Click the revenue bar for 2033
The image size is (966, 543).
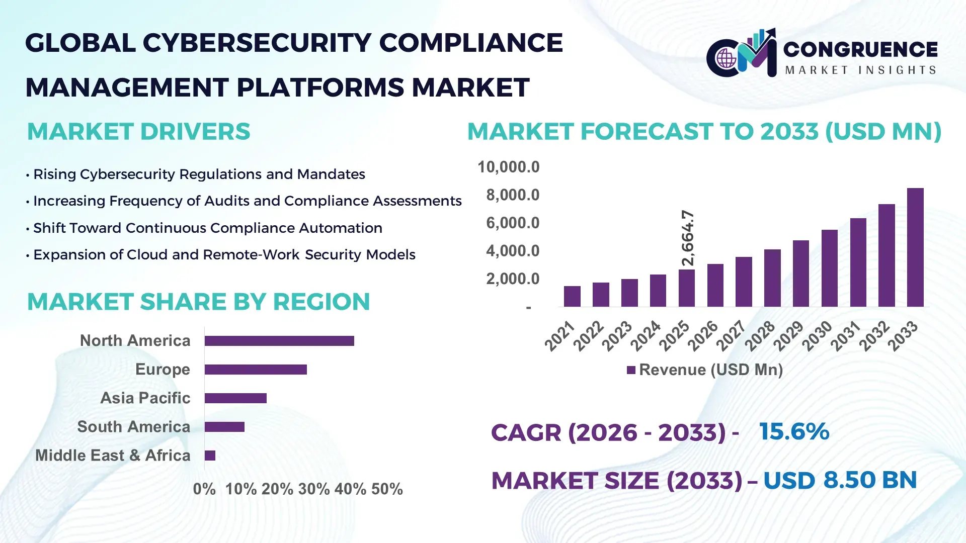pos(915,247)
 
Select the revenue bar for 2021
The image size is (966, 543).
pos(572,296)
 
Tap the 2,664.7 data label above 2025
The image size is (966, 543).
pos(687,238)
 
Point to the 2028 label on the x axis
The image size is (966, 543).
pos(760,336)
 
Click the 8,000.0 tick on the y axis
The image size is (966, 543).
pos(512,195)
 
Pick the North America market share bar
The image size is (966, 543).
pos(279,341)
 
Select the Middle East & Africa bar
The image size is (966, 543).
pos(210,456)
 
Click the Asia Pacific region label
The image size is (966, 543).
pos(145,398)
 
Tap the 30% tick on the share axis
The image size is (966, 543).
pos(314,489)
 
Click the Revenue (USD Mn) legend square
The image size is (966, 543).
pos(631,371)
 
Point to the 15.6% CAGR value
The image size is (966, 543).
pos(794,431)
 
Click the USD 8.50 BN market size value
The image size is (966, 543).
pos(840,480)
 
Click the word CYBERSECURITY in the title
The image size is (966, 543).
pos(257,43)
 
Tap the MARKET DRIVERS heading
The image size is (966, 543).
pos(138,132)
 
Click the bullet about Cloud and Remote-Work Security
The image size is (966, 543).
pos(224,255)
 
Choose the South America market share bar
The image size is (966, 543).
pos(224,427)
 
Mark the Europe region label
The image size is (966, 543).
pos(163,369)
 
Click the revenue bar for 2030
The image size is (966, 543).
pos(829,268)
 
